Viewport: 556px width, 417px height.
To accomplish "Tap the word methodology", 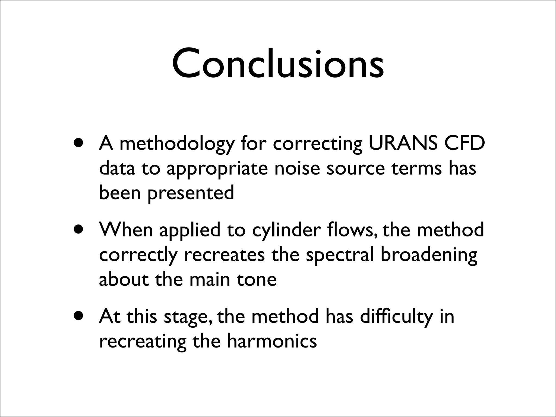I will (177, 144).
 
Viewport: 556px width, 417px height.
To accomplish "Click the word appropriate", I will (217, 169).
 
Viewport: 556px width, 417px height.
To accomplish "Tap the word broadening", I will (429, 255).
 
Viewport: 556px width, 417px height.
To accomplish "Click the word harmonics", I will (272, 341).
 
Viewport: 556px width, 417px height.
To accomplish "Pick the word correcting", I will (318, 144).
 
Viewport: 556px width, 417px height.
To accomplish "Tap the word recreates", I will (224, 255).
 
